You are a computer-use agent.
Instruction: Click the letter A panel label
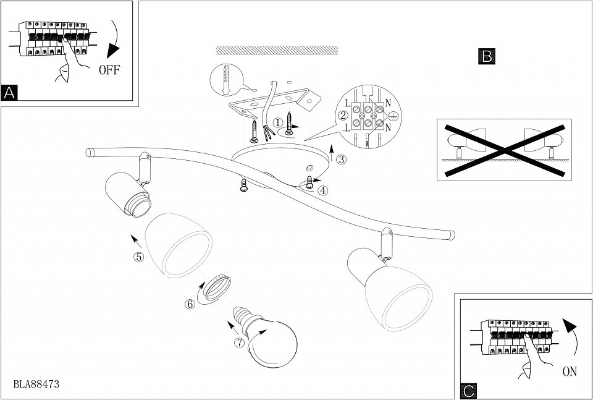9,92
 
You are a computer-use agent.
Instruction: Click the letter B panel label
487,56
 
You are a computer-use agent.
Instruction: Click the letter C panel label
469,391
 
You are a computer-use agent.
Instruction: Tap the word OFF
109,70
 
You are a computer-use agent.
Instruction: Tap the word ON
570,372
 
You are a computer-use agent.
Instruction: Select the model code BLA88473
36,385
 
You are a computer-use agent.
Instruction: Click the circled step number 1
278,122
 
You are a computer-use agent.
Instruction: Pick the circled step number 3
341,160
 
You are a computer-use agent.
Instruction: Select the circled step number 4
322,190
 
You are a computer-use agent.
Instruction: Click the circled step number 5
139,257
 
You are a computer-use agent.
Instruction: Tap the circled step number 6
190,304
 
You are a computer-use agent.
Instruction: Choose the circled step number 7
239,343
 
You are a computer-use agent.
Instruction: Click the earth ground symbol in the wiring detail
393,117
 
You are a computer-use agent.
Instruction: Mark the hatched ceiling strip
277,50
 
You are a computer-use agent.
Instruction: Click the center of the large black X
505,151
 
